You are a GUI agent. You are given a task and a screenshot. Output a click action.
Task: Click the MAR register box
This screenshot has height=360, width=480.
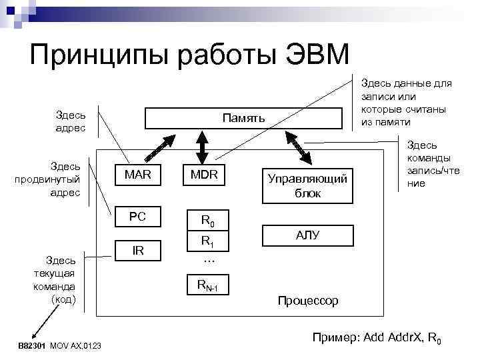(x=138, y=175)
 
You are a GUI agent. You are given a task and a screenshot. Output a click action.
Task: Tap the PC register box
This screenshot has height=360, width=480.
(x=138, y=216)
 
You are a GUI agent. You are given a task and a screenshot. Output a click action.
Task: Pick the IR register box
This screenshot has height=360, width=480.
(x=138, y=251)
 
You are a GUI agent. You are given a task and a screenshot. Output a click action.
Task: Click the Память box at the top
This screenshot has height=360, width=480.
(x=244, y=119)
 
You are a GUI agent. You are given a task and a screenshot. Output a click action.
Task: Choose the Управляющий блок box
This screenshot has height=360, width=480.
(x=307, y=185)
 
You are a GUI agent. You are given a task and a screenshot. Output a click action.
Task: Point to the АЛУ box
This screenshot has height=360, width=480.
(x=307, y=235)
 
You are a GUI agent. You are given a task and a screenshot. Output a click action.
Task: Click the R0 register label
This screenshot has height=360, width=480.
(x=207, y=220)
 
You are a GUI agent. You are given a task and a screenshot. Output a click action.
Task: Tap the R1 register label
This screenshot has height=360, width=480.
(x=207, y=241)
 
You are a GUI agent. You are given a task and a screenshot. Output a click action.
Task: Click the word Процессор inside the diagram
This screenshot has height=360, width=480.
(x=307, y=301)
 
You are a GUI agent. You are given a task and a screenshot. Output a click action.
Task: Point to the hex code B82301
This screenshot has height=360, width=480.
(x=32, y=345)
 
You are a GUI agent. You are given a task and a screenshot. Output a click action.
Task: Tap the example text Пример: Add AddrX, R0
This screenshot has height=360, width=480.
(x=376, y=339)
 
